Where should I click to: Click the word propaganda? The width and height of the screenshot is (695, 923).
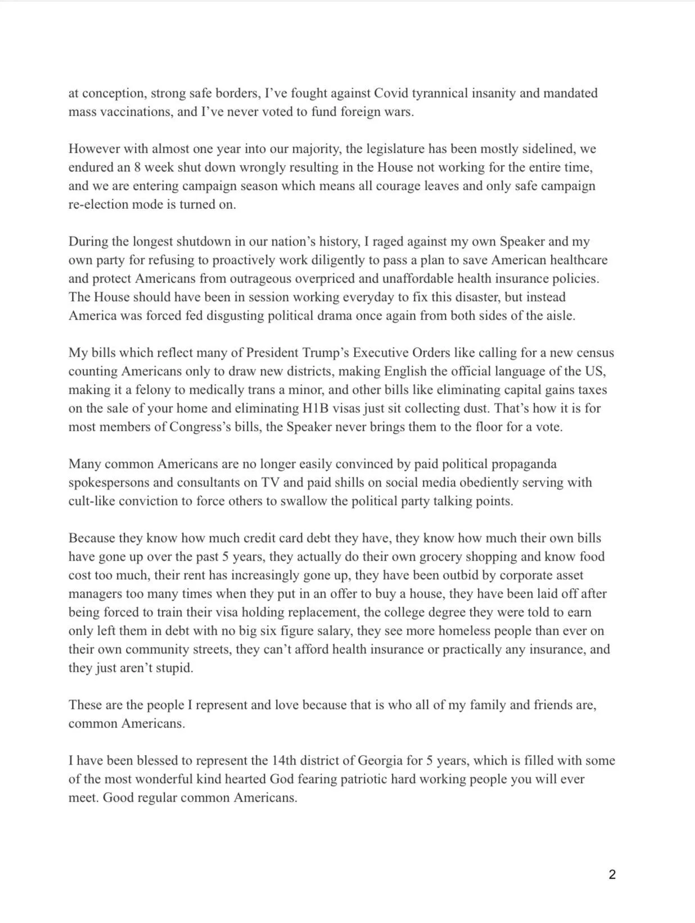pos(524,464)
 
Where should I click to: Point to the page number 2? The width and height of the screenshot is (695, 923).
pos(612,874)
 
